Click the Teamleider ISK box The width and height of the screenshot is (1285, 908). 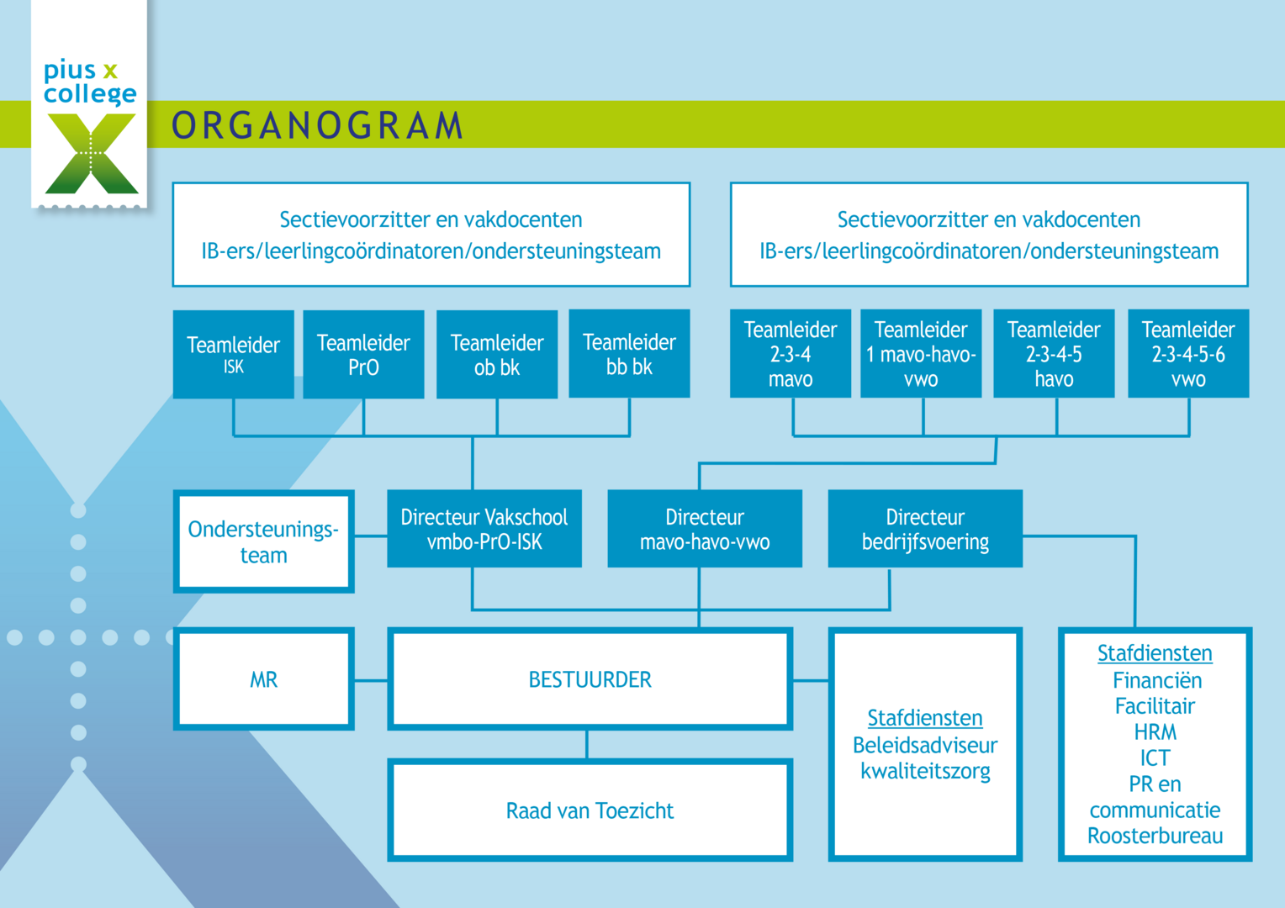coord(233,354)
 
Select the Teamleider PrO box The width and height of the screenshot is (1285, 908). coord(363,354)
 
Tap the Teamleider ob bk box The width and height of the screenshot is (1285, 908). coord(497,354)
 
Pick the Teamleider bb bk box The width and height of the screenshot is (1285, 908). coord(629,353)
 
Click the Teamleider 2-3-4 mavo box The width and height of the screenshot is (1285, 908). coord(791,353)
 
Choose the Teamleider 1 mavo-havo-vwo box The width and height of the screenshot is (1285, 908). coord(921,353)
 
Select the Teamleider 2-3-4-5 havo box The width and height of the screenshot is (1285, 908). coord(1054,353)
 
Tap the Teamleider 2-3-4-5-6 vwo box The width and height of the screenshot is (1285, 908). coord(1188,353)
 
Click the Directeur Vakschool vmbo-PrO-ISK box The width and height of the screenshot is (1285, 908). coord(484,529)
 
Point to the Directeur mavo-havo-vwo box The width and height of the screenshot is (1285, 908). coord(705,529)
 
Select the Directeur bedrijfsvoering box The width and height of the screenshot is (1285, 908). coord(925,529)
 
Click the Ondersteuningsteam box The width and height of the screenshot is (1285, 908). coord(263,541)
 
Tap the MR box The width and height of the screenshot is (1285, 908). coord(263,679)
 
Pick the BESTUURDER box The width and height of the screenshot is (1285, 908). coord(590,679)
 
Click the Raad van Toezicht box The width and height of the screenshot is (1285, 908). coord(590,810)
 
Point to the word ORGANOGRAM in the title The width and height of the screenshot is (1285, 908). coord(318,125)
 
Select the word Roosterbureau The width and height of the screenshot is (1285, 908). coord(1155,836)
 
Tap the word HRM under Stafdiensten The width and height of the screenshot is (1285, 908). coord(1155,731)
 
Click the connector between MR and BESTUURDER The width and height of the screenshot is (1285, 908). coord(371,680)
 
